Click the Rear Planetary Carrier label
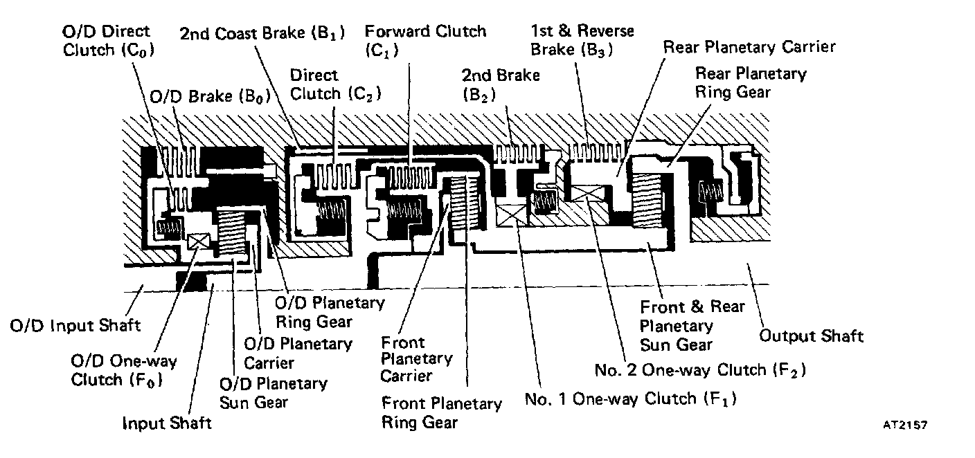point(749,47)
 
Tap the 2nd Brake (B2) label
point(501,84)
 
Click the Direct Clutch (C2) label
point(336,84)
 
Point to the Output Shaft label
point(812,336)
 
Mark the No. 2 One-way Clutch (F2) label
point(699,370)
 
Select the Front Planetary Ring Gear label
point(441,412)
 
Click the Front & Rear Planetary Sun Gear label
point(692,325)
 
